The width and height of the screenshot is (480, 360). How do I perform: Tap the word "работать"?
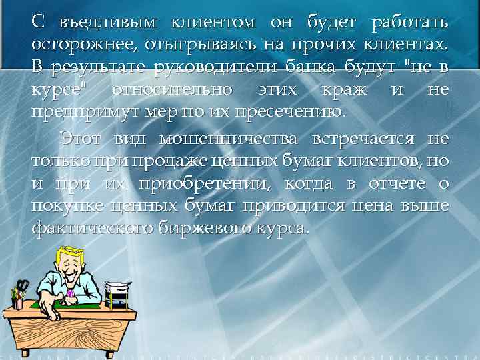pos(410,22)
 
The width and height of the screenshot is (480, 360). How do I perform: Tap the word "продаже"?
pos(167,161)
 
